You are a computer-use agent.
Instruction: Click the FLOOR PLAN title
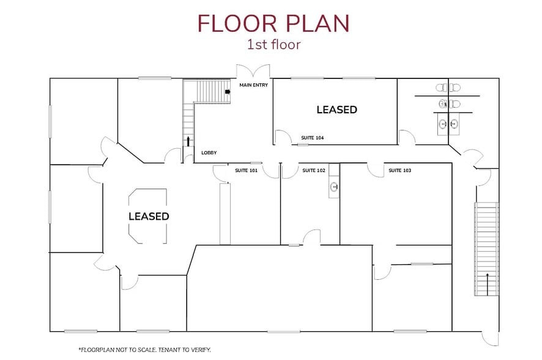tap(273, 23)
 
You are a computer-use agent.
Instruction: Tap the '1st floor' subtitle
tap(274, 45)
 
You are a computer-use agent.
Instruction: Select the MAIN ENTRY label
tap(254, 85)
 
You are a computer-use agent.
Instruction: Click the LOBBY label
tap(209, 153)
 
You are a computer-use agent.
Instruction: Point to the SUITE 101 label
tap(246, 170)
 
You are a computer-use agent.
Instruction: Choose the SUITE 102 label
tap(314, 170)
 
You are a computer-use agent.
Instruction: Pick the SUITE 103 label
tap(400, 170)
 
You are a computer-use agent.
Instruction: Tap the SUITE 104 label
tap(313, 138)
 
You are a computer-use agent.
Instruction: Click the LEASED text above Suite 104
tap(336, 110)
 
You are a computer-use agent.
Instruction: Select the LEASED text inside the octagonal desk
tap(149, 217)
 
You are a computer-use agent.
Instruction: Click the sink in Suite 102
tap(334, 187)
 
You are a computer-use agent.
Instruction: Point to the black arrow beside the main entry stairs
tap(228, 92)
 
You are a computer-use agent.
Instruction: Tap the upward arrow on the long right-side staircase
tap(488, 284)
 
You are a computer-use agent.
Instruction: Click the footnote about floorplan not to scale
tap(144, 350)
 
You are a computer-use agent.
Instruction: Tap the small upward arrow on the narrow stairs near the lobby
tap(188, 141)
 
